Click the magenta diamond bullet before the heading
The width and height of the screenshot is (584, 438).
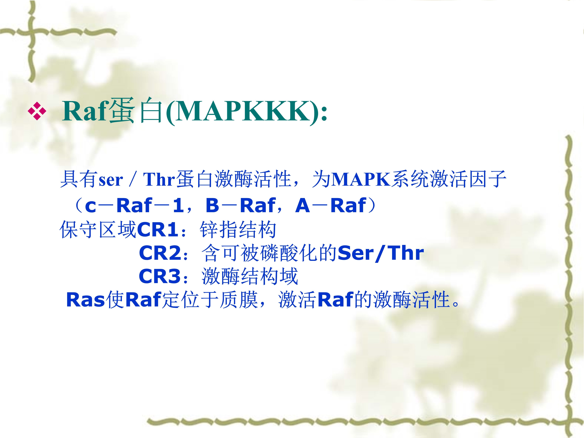[37, 111]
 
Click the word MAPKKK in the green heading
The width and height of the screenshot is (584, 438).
[242, 111]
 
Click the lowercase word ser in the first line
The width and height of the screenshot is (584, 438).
[111, 181]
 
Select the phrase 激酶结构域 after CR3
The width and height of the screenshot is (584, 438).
[250, 276]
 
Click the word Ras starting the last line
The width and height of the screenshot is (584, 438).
[85, 300]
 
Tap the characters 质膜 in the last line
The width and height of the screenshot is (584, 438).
[239, 300]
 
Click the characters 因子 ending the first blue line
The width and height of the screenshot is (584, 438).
[488, 179]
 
